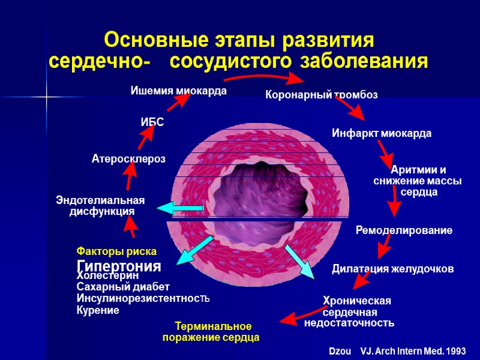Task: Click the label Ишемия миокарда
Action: coord(179,91)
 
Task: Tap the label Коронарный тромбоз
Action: coord(322,95)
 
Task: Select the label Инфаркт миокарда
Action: coord(382,133)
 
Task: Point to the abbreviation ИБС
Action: coord(152,122)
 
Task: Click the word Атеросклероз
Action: coord(128,158)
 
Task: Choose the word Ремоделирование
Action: coord(404,230)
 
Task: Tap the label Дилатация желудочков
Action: coord(393,269)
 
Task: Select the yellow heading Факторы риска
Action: coord(116,251)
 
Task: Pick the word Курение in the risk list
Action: coord(98,310)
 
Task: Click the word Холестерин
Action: coord(108,275)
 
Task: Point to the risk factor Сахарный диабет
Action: coord(123,287)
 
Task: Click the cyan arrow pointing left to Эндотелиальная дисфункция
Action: coord(180,208)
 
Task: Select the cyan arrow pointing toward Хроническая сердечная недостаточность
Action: coord(298,260)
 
